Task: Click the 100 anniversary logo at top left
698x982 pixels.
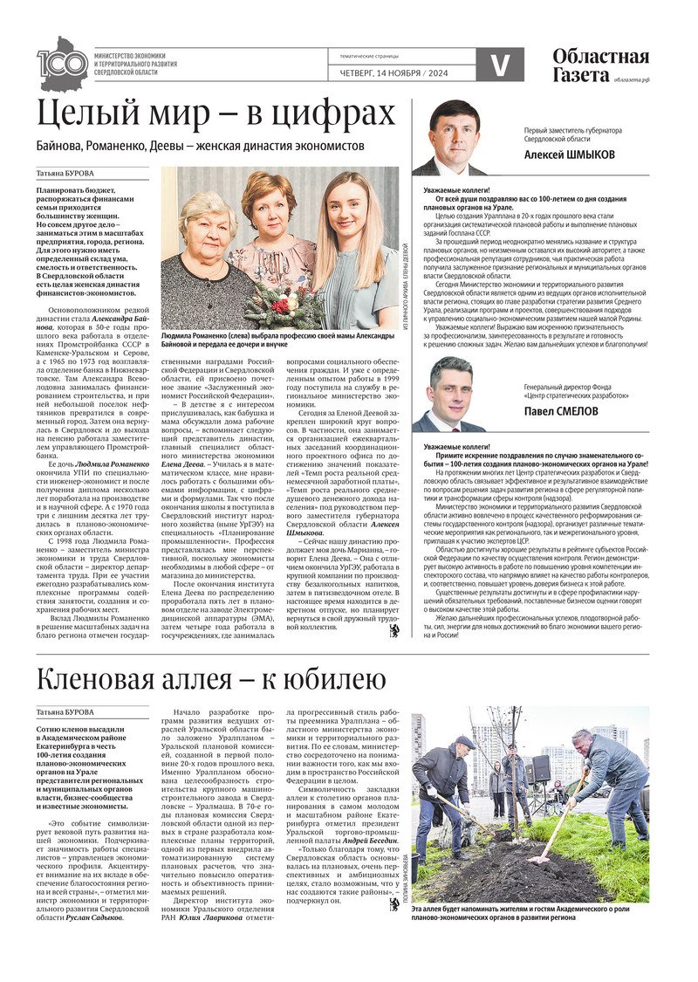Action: click(x=63, y=64)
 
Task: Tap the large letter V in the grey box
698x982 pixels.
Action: click(x=500, y=65)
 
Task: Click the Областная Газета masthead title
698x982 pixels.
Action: click(x=600, y=64)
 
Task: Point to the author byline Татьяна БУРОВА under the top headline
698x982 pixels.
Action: click(x=65, y=172)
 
